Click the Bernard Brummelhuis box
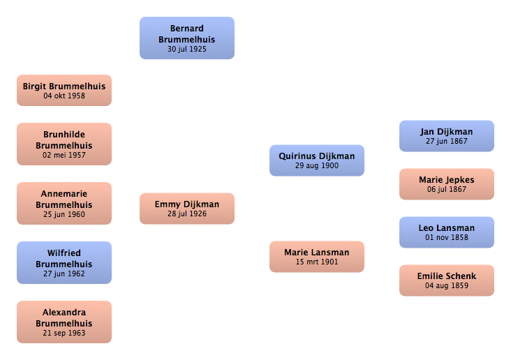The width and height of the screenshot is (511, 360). coord(187,38)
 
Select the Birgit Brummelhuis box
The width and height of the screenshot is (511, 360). coord(64,90)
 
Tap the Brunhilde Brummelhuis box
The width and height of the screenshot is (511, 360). coord(64,144)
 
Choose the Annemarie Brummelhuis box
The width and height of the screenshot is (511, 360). coord(64,203)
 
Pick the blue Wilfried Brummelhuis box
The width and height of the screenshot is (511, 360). coord(64,262)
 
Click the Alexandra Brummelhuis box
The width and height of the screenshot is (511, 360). coord(64,322)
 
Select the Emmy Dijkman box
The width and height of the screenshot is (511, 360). coord(187,209)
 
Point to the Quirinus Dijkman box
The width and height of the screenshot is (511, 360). coord(317,160)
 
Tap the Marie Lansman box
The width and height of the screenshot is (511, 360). coord(317,257)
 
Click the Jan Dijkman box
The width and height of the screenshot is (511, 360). coord(447,136)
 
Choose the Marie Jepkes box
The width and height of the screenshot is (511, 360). coord(447,184)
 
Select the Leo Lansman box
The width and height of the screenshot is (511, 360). coord(447,232)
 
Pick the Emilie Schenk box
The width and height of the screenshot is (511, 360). coord(447,280)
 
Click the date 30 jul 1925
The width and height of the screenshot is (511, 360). coord(187,50)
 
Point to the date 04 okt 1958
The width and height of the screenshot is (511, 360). coord(64,96)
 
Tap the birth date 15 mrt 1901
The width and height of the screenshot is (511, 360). coord(317,262)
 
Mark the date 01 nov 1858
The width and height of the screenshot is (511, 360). coord(447,237)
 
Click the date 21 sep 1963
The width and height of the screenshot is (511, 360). coord(64,333)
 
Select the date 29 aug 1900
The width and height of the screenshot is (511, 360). coord(317,166)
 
